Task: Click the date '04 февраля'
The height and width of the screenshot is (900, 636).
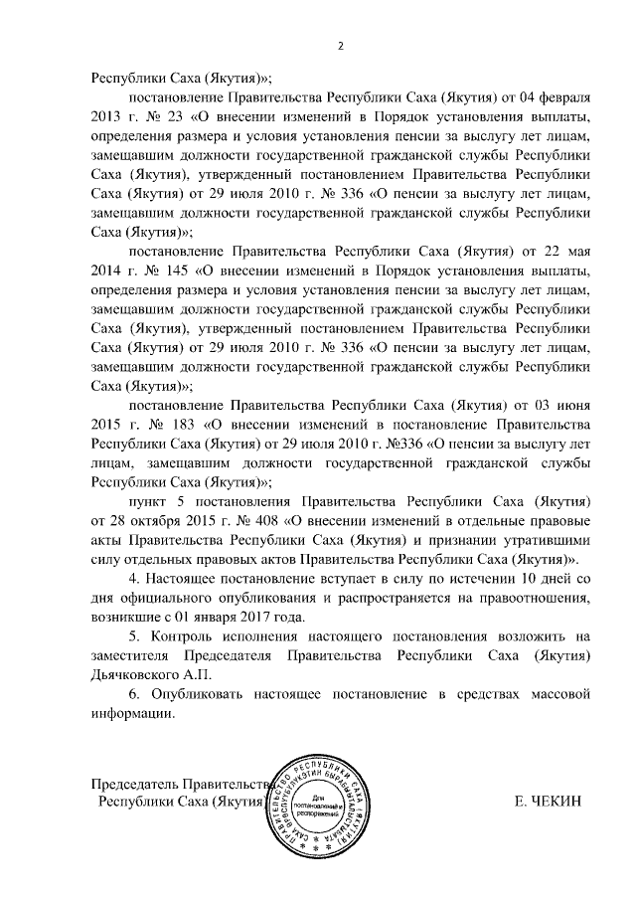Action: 560,100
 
